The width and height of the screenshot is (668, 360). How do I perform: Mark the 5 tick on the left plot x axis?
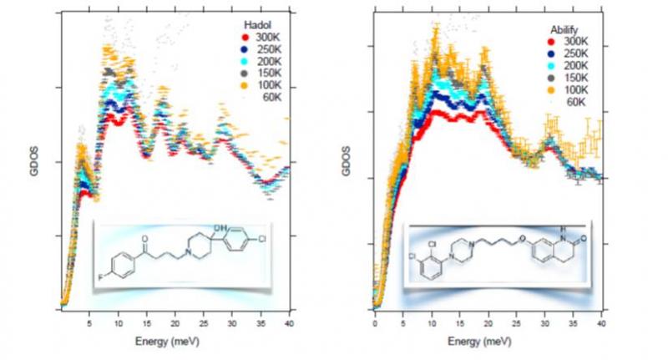89,322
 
